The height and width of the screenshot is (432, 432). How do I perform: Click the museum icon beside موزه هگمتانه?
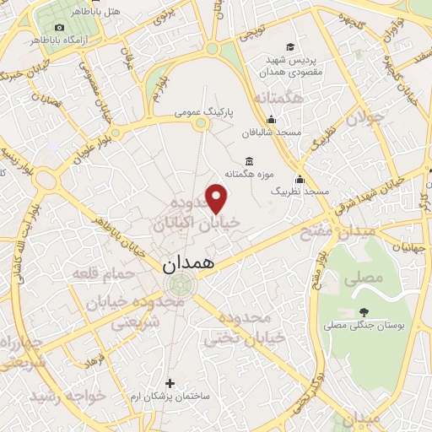(x=249, y=161)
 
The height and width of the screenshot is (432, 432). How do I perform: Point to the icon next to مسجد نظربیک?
(x=299, y=180)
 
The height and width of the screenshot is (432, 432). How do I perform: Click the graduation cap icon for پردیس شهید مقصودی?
(x=290, y=47)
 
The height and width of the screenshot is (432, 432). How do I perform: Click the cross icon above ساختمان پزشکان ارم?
(x=170, y=382)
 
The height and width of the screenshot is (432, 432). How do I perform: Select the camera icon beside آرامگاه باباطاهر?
(x=60, y=28)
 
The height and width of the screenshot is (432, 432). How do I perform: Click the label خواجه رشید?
(x=67, y=395)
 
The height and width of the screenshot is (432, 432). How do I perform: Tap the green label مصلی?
(x=366, y=277)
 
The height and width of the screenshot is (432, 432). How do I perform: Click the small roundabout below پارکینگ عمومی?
(x=201, y=125)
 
